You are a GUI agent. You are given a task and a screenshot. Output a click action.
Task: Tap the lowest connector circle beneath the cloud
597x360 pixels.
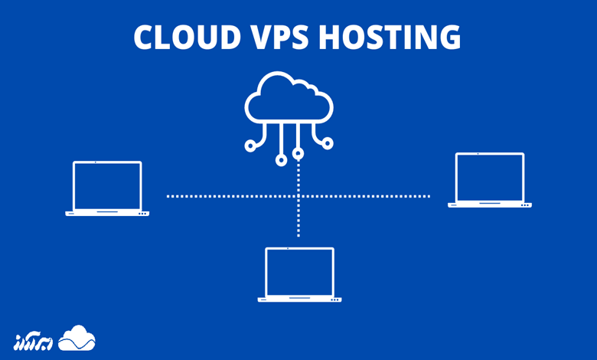coord(282,160)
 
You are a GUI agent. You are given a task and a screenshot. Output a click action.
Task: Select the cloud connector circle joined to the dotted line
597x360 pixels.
coord(298,154)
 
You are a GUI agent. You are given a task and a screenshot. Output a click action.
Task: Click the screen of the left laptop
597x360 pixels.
coord(107,185)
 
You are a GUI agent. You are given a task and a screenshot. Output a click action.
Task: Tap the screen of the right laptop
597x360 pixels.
coord(490,178)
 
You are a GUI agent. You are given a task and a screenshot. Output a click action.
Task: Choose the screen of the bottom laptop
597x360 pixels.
coord(299,271)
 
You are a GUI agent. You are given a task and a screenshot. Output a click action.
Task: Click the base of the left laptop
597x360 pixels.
coord(107,213)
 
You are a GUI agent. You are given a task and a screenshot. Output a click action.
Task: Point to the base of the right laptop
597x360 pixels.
coord(490,205)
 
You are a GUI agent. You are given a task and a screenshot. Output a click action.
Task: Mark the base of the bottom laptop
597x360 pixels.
coord(299,299)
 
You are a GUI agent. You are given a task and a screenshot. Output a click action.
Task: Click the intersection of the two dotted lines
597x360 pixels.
coord(298,196)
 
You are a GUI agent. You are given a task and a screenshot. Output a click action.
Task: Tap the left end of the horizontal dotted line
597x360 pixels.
coord(168,196)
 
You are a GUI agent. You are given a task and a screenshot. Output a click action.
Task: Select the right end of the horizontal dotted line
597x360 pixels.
coord(429,196)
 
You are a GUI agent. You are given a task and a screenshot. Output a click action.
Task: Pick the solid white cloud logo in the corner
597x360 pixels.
coord(77,338)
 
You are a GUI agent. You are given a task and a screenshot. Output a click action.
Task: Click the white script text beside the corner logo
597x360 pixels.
coord(34,340)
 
